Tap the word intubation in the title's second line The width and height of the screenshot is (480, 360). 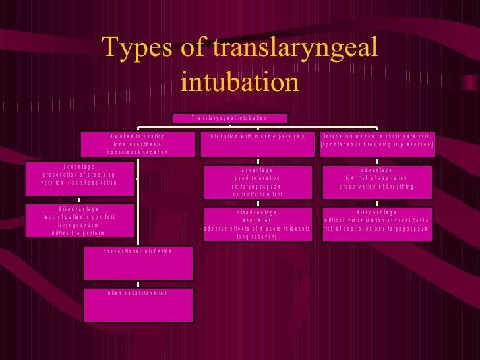pos(239,82)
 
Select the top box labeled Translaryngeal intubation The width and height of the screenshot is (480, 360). pos(229,118)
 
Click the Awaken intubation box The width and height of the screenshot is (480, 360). pos(138,144)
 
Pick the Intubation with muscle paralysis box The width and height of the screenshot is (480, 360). pos(257,144)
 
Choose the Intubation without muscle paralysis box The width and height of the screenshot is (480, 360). pos(377,144)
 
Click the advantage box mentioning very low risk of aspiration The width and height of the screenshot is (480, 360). pos(79,178)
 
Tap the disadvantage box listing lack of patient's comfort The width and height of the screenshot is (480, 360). pos(79,221)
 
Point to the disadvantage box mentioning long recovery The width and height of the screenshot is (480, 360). pos(257,224)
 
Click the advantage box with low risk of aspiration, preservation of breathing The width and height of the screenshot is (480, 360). pos(377,182)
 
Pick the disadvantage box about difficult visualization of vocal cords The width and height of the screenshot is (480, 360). pos(377,224)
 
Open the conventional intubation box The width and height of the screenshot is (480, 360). pos(138,262)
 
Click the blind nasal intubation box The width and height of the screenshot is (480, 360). pos(138,305)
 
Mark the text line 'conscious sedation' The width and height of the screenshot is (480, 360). pos(138,152)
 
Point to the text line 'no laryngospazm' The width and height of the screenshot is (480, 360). pos(257,187)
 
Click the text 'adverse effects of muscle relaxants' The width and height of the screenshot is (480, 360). pos(257,228)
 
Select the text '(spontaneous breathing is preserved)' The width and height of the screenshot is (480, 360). pos(377,144)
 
